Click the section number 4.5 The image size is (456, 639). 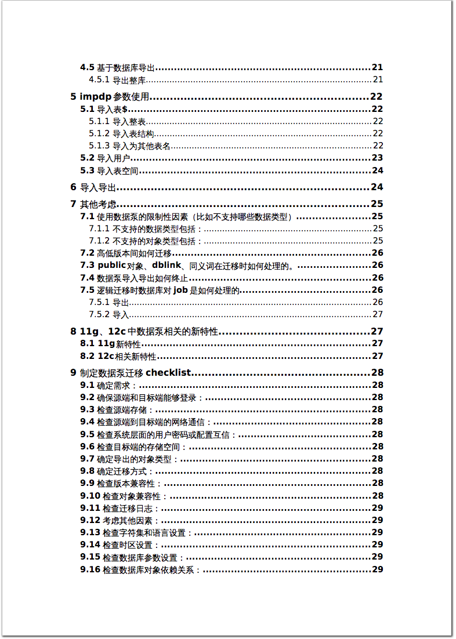tap(87, 67)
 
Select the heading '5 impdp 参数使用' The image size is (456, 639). tap(110, 97)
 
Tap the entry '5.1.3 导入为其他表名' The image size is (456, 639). tap(130, 146)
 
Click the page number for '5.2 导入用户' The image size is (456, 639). tap(377, 158)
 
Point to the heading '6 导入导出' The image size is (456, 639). tap(93, 187)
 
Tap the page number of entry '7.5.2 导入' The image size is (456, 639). tap(378, 314)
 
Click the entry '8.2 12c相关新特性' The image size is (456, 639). tap(119, 356)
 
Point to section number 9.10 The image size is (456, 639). tap(91, 496)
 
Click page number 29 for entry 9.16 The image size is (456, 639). tap(377, 569)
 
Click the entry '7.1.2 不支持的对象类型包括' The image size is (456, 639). tap(146, 241)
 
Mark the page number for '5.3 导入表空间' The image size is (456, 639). tap(377, 170)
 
